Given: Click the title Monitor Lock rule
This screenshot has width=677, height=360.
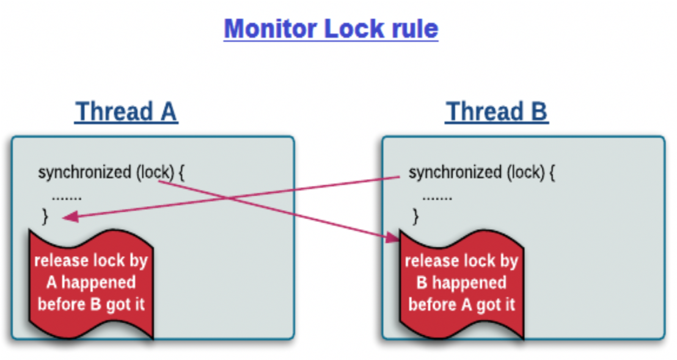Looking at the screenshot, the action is [331, 29].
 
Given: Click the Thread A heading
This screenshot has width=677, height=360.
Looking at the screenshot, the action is [126, 111].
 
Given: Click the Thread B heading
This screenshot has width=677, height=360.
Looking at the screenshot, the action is [497, 111].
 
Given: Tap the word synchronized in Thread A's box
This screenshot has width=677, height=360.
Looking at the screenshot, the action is [84, 172].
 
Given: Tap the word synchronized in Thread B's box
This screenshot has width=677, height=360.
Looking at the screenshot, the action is [455, 172].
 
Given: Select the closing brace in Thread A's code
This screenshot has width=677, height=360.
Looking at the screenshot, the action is [45, 216].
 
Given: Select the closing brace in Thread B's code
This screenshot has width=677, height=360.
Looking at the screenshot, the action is [415, 216].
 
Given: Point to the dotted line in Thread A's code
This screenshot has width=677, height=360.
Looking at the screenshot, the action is [67, 199].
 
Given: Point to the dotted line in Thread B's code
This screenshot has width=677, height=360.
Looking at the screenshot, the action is [437, 199].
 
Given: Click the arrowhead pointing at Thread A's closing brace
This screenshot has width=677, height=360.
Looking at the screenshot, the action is [70, 217].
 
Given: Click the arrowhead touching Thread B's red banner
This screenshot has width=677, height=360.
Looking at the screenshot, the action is [393, 237].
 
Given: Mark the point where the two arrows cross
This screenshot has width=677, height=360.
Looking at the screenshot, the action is [228, 198].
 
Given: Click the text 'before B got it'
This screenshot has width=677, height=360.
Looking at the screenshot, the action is [91, 304].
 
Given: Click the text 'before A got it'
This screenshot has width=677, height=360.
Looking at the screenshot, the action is [461, 304].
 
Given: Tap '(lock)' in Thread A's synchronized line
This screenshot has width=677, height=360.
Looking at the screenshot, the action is [155, 172].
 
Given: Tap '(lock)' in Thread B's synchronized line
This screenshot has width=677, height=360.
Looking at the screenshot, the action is [525, 172].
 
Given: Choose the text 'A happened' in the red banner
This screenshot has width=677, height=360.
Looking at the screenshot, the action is [91, 283].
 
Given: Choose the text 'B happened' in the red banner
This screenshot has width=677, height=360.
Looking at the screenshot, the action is [461, 283].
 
